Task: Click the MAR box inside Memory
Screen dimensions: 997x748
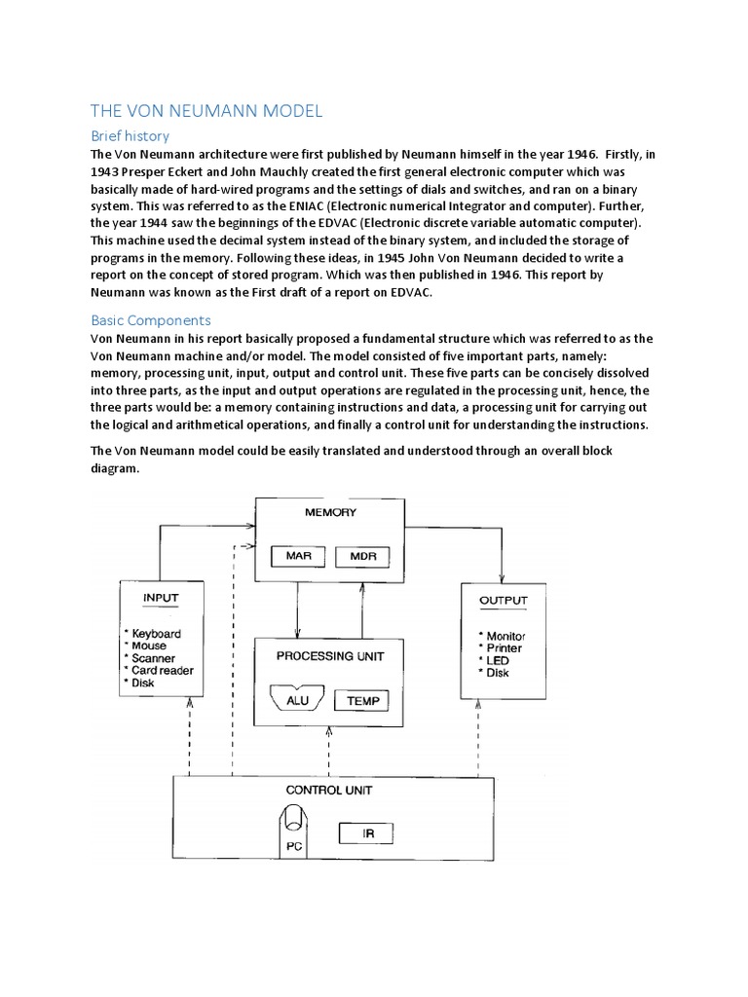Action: pyautogui.click(x=297, y=557)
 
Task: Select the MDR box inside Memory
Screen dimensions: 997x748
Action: pyautogui.click(x=361, y=557)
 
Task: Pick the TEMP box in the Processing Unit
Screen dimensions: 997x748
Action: pyautogui.click(x=362, y=700)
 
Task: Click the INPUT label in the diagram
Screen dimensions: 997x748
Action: pyautogui.click(x=161, y=597)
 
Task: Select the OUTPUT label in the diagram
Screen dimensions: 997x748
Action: pyautogui.click(x=504, y=600)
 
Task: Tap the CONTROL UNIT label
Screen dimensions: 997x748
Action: pyautogui.click(x=328, y=790)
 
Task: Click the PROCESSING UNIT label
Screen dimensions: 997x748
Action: pyautogui.click(x=329, y=655)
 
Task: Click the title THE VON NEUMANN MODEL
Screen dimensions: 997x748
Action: pyautogui.click(x=206, y=112)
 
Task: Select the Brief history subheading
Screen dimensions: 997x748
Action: pyautogui.click(x=130, y=136)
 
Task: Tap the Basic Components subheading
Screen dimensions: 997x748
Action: pyautogui.click(x=150, y=319)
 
